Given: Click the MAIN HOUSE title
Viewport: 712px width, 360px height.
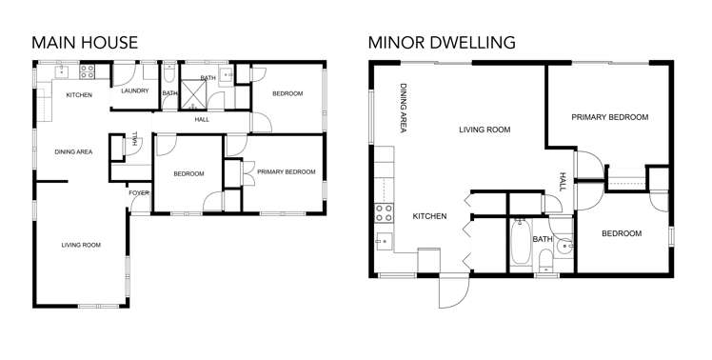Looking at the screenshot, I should (84, 42).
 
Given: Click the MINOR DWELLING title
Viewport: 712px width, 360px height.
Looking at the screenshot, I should (441, 42).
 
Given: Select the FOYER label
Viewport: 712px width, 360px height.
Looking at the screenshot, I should (139, 193).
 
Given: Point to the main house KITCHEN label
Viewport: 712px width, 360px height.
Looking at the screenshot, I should (78, 95).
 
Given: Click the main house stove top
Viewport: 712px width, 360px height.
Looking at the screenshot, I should (88, 70).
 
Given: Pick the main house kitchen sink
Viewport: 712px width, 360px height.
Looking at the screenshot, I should (59, 70).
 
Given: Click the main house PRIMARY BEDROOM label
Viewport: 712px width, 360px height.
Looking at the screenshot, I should (285, 171).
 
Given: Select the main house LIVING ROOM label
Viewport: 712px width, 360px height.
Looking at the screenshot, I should (81, 245).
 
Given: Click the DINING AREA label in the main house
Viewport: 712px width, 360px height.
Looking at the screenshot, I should (73, 151).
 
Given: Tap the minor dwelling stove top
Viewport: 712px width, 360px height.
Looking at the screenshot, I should (386, 211).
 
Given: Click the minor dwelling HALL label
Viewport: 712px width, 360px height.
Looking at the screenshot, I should (563, 181).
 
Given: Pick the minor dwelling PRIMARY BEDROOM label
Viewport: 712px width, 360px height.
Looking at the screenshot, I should (609, 117).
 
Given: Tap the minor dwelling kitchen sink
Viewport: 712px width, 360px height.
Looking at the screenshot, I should (384, 239).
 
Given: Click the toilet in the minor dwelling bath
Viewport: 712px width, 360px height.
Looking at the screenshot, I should (544, 260).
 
